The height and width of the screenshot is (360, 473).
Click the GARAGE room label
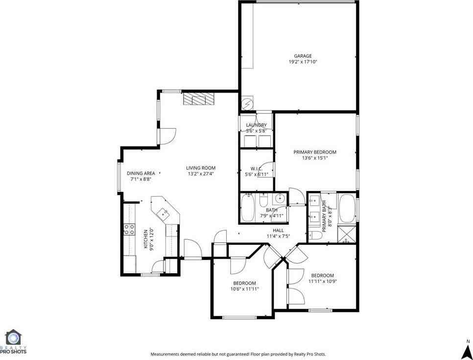click(x=303, y=56)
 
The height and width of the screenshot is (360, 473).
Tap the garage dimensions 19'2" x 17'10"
click(x=303, y=62)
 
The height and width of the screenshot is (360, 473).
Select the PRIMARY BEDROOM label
click(x=315, y=152)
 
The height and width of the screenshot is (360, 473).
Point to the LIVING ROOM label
click(x=201, y=168)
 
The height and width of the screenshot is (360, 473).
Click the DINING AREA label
click(x=141, y=173)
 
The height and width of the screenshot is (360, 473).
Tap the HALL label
click(x=278, y=230)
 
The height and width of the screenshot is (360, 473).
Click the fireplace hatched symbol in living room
click(x=199, y=99)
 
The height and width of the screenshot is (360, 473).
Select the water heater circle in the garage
click(x=248, y=105)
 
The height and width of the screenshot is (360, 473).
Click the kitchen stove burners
click(x=129, y=229)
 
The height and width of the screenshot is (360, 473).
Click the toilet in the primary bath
click(x=316, y=236)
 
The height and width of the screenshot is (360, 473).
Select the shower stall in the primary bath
click(x=348, y=234)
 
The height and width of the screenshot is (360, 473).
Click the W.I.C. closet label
click(x=256, y=168)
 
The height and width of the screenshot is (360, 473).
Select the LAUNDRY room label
click(x=256, y=125)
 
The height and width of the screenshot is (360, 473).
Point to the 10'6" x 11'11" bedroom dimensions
click(x=244, y=289)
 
